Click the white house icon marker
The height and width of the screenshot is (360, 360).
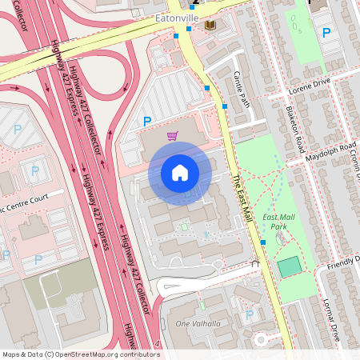click(180, 173)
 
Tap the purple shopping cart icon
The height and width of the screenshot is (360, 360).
click(172, 136)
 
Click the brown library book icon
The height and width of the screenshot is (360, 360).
click(210, 26)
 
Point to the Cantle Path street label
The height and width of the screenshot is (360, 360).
click(242, 89)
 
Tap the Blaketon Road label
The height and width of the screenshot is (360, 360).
click(296, 130)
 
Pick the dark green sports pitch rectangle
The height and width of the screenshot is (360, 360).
click(290, 267)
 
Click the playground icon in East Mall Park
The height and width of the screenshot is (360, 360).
click(278, 238)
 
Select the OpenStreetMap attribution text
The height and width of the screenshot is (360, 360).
click(80, 354)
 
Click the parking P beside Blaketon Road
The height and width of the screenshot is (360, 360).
click(326, 33)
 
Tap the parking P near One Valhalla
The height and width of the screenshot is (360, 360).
click(249, 315)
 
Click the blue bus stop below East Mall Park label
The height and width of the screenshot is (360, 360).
click(263, 242)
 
